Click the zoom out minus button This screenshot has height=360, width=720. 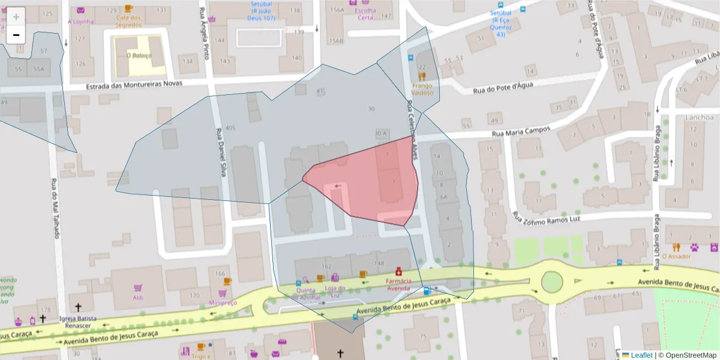pyautogui.click(x=16, y=35)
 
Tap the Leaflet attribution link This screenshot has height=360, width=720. pyautogui.click(x=641, y=355)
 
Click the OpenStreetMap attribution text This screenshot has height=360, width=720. pyautogui.click(x=686, y=355)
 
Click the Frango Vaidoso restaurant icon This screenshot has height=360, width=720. pyautogui.click(x=422, y=76)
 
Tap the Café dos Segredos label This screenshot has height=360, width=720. pyautogui.click(x=128, y=21)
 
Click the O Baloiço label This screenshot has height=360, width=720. pyautogui.click(x=139, y=55)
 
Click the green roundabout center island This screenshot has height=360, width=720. pyautogui.click(x=551, y=281)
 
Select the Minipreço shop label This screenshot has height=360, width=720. pyautogui.click(x=223, y=302)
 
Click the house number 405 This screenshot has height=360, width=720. pyautogui.click(x=230, y=128)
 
